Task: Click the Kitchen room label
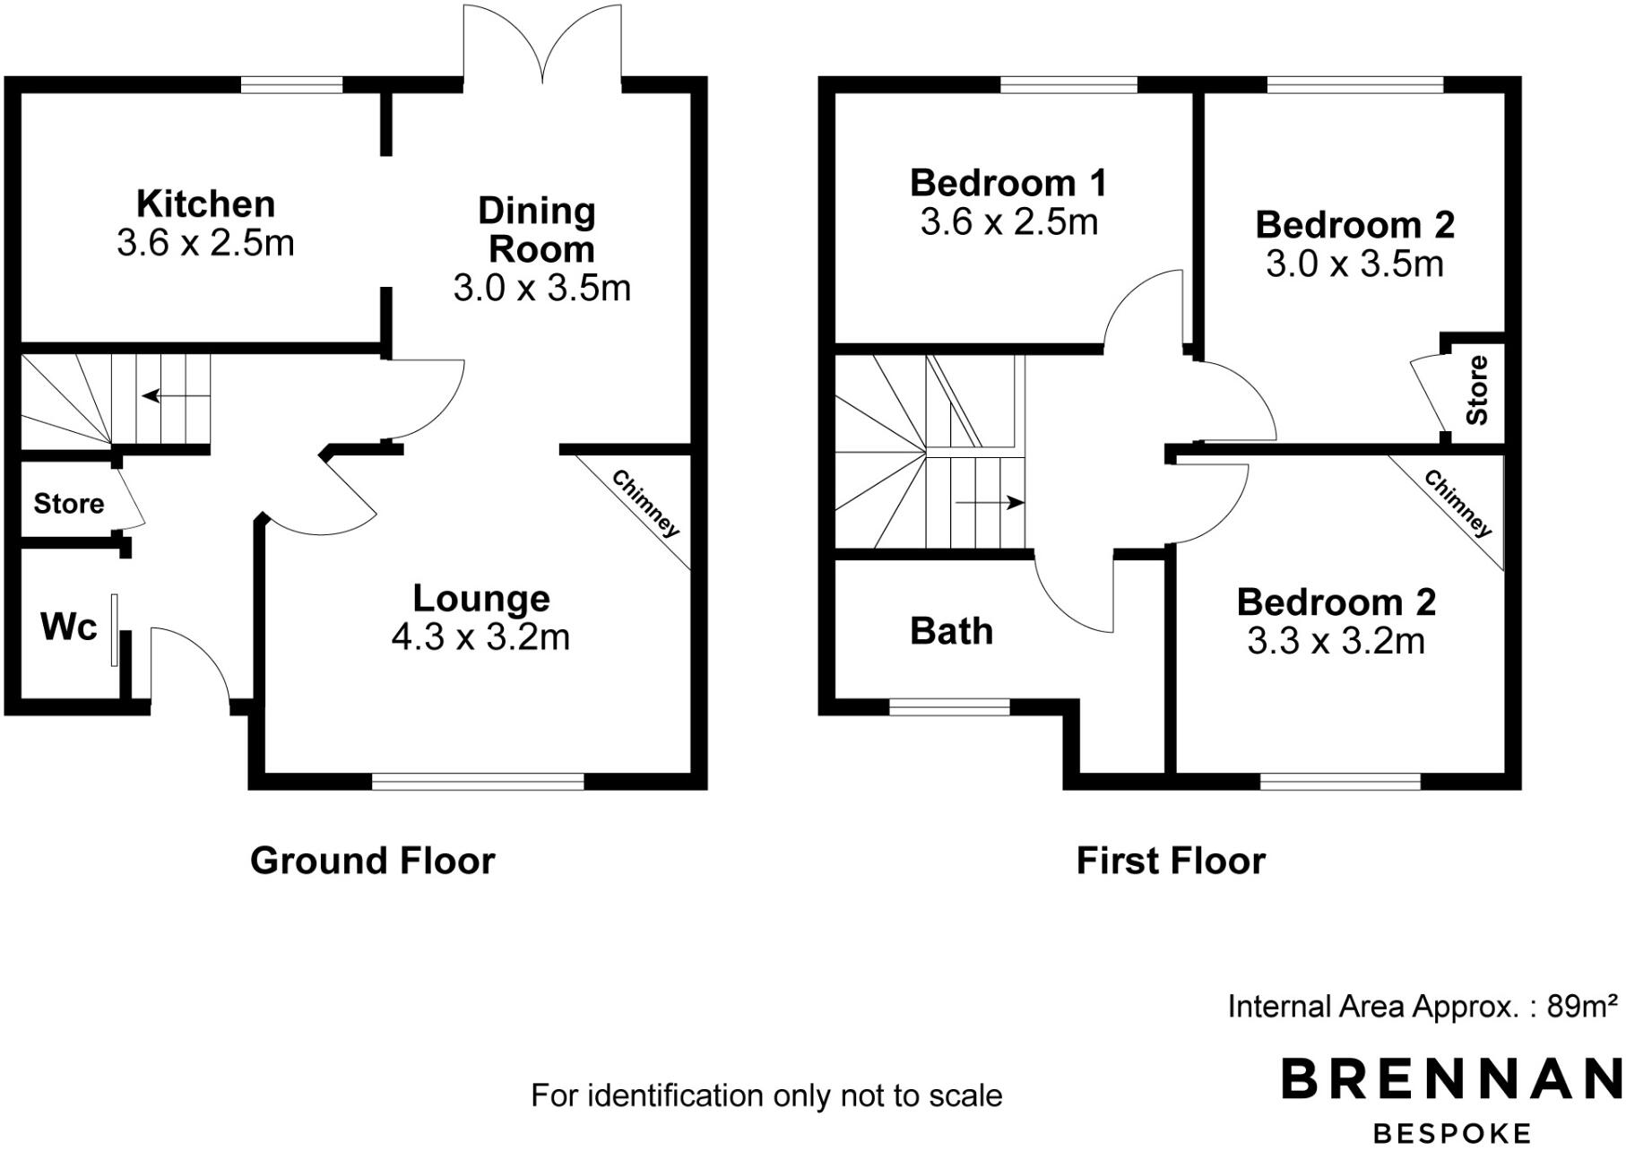coord(205,204)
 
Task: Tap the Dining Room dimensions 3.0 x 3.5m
coord(541,289)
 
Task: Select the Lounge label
coord(481,599)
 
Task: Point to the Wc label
coord(68,627)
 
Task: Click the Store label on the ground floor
coord(68,504)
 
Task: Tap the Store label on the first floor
coord(1477,390)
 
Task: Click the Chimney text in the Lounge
coord(645,504)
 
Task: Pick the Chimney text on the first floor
coord(1458,504)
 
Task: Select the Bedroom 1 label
coord(1008,183)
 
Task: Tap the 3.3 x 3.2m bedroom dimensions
coord(1336,642)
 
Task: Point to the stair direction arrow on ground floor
coord(175,395)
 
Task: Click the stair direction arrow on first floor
coord(990,503)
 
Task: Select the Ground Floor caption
coord(372,861)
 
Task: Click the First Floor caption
coord(1170,861)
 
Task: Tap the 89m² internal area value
coord(1582,1007)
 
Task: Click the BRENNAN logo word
coord(1452,1079)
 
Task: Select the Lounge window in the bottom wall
coord(478,782)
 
